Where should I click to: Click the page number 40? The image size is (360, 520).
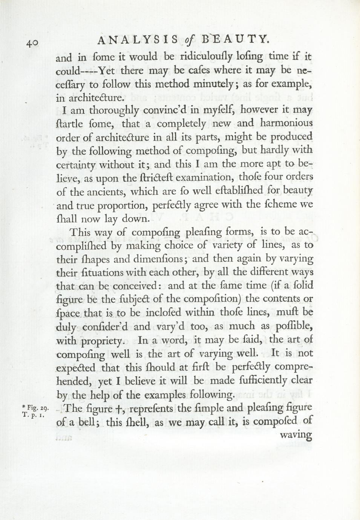(32, 43)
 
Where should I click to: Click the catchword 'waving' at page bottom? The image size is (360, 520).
(296, 435)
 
